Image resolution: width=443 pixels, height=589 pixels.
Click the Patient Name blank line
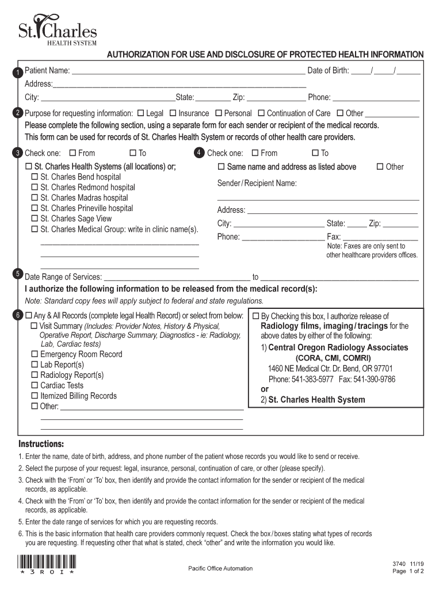click(x=188, y=71)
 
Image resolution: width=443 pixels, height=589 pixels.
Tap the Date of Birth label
click(x=328, y=71)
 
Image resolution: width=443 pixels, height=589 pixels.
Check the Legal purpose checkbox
click(x=140, y=113)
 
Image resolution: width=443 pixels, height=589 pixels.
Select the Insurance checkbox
click(x=172, y=113)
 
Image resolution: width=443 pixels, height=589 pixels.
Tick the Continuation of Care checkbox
click(x=261, y=113)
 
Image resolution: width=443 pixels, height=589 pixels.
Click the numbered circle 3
click(x=18, y=154)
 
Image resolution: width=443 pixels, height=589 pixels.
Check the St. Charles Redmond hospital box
click(x=35, y=188)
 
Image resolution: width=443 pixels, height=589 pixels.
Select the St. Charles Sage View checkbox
click(x=35, y=219)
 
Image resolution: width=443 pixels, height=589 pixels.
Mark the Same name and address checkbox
click(x=221, y=167)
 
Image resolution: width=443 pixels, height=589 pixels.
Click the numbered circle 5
click(x=18, y=273)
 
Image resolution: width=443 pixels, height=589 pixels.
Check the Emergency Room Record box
click(x=35, y=354)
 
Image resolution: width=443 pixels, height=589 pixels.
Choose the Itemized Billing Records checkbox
click(x=35, y=396)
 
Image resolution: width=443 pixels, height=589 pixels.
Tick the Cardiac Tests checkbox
click(x=35, y=385)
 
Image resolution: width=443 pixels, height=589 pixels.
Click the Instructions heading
click(x=41, y=445)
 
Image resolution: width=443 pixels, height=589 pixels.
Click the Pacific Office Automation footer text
click(x=220, y=568)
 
